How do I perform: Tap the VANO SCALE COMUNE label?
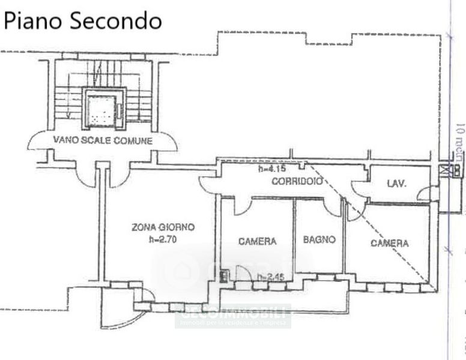point(103,140)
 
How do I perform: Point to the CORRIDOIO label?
point(297,181)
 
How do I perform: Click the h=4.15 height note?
point(271,169)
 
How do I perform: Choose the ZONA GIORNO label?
point(163,227)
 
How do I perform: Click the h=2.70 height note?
point(163,239)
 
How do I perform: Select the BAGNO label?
point(318,240)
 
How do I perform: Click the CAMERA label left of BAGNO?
point(258,241)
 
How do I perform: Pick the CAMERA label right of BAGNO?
point(389,243)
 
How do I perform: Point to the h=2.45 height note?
point(270,277)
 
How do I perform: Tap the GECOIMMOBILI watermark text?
point(233,313)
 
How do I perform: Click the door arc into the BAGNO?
point(332,208)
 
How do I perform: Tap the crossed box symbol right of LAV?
point(445,170)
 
